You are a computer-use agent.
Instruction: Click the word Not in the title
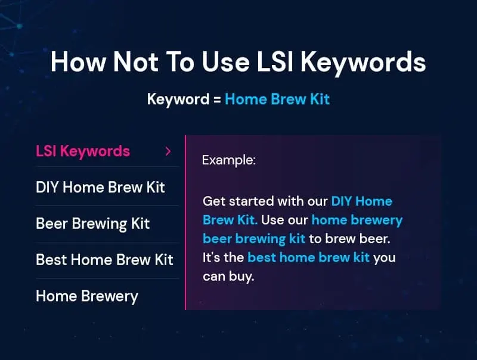tap(136, 62)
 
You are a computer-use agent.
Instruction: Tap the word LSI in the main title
tap(275, 62)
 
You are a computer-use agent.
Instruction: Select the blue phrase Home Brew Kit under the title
tap(277, 99)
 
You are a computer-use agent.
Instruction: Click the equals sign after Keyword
tap(217, 100)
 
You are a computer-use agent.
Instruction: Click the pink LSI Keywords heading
tap(83, 151)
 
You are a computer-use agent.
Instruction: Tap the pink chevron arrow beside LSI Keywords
tap(168, 151)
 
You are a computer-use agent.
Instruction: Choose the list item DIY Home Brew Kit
tap(100, 187)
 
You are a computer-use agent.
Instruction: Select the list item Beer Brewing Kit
tap(92, 224)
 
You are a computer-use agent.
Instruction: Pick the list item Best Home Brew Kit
tap(104, 260)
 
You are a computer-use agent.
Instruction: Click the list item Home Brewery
tap(87, 296)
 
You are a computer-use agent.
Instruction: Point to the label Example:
tap(229, 160)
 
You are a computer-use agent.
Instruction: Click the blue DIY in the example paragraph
tap(341, 201)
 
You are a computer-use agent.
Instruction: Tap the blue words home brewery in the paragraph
tap(357, 220)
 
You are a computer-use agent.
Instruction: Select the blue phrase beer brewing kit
tap(254, 239)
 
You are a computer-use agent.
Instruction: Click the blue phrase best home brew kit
tap(308, 257)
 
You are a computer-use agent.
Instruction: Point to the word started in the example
tap(251, 201)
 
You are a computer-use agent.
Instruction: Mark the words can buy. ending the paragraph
tap(228, 277)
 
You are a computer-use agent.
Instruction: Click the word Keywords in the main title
tap(363, 63)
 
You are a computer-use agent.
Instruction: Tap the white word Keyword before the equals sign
tap(178, 100)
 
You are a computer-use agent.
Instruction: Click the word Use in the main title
tap(226, 62)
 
